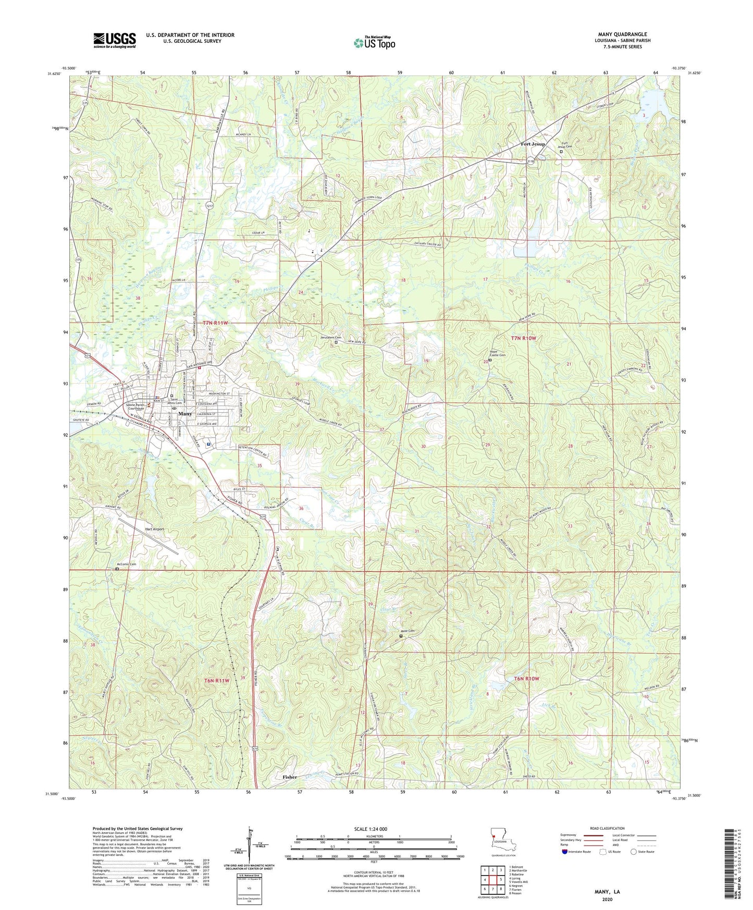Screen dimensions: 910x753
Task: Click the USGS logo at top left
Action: pyautogui.click(x=114, y=40)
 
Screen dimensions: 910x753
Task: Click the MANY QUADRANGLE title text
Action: pyautogui.click(x=623, y=34)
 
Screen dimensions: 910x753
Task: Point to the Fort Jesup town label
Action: pyautogui.click(x=533, y=144)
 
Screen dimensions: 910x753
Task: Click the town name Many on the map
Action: pyautogui.click(x=185, y=413)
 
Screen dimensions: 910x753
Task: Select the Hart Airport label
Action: pyautogui.click(x=154, y=529)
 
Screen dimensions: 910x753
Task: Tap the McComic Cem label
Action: pyautogui.click(x=126, y=564)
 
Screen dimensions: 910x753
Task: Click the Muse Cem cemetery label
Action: pyautogui.click(x=408, y=631)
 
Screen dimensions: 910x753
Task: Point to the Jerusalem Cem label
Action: pyautogui.click(x=330, y=337)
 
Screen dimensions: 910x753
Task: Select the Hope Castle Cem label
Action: pyautogui.click(x=497, y=353)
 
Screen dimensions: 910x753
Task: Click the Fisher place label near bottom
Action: pyautogui.click(x=290, y=777)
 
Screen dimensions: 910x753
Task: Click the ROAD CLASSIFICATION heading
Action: pyautogui.click(x=607, y=828)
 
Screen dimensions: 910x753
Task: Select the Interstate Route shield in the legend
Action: pyautogui.click(x=565, y=852)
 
